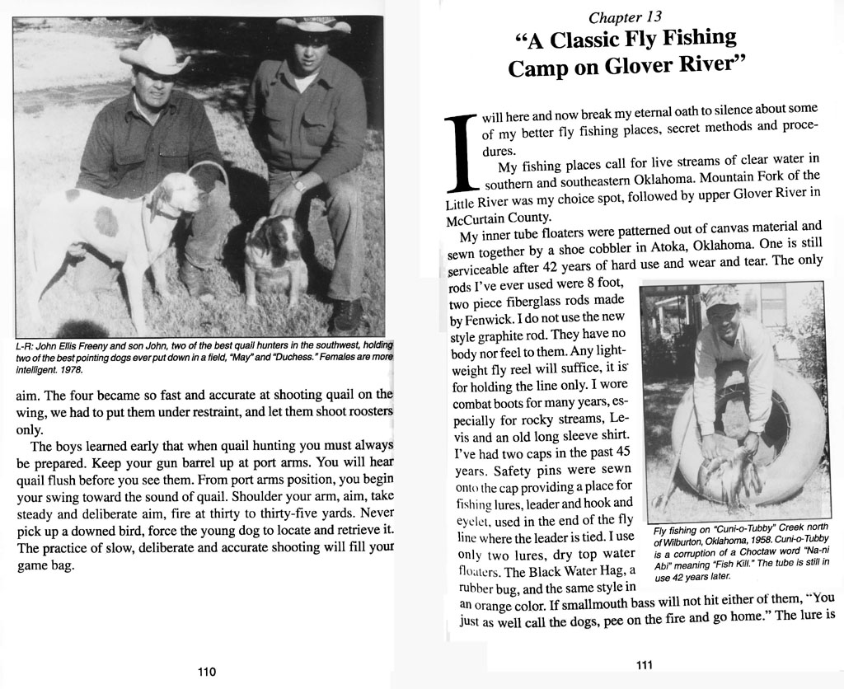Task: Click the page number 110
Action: (207, 671)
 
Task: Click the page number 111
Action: (645, 664)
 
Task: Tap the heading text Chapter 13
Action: (625, 16)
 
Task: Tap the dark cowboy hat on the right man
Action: (313, 26)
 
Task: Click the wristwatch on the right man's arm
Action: (298, 185)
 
